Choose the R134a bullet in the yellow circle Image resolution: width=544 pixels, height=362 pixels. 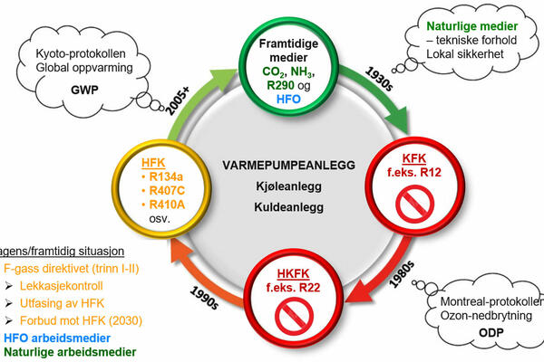[168, 177]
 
